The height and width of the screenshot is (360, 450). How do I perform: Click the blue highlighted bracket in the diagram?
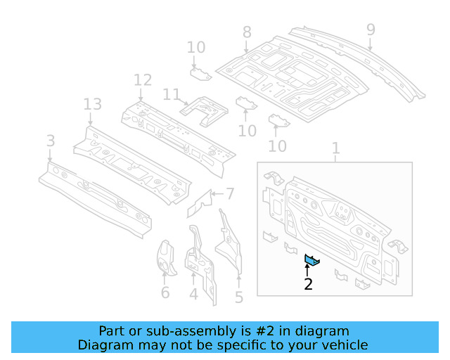coord(311,261)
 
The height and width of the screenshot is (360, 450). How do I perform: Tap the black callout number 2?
coord(308,284)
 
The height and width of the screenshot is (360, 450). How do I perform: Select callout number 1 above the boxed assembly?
coord(335,148)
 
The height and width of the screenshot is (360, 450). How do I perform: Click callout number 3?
coord(50,141)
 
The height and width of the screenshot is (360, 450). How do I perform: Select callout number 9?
coord(371,30)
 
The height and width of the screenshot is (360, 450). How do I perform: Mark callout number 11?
coord(172,94)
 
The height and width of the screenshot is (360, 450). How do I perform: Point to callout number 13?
coord(93,105)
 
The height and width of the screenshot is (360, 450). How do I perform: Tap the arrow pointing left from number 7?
coord(217,193)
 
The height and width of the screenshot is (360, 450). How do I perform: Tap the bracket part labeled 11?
coord(204,109)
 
